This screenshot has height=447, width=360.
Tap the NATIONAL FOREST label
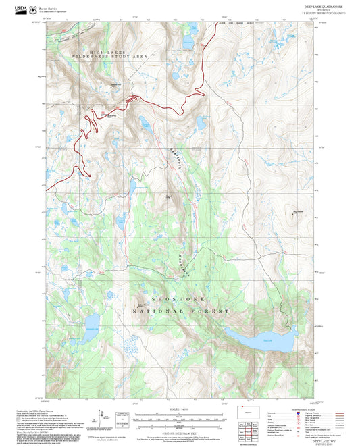pos(190,311)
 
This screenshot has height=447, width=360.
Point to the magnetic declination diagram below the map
pos(101,419)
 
